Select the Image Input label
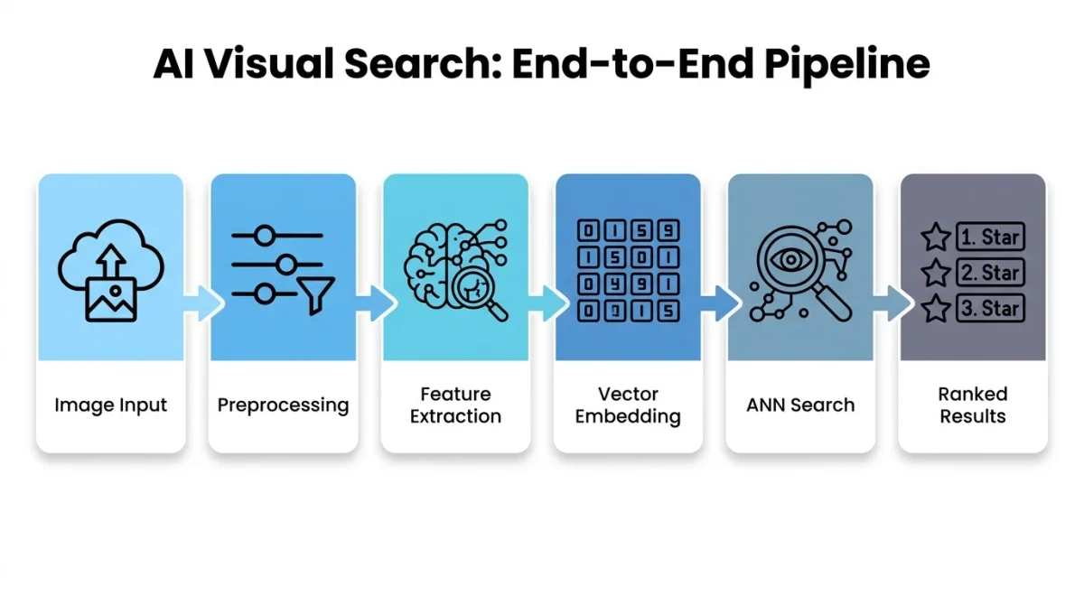point(111,405)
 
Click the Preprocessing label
point(283,405)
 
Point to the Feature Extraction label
point(455,405)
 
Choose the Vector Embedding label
point(628,405)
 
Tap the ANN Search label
point(800,405)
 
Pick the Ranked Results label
point(973,405)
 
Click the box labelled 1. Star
point(989,237)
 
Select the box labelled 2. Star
point(989,273)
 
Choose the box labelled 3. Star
point(989,308)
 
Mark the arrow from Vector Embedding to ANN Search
point(720,302)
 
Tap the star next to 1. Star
point(935,237)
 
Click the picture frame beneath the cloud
point(110,298)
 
